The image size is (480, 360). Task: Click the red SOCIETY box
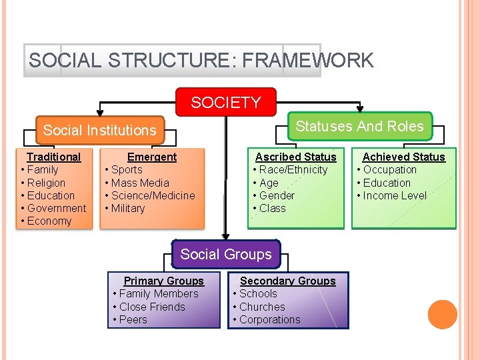225,103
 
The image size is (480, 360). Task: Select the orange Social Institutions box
99,130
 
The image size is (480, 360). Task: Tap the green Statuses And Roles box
359,126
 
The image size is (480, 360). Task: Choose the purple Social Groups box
226,254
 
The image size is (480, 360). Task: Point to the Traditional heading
53,157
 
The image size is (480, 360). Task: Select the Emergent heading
152,157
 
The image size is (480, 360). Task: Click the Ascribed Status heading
296,157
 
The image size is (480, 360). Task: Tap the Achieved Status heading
403,157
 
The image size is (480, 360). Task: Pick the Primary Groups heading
163,281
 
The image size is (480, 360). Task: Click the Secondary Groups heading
287,281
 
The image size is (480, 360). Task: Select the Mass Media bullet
140,183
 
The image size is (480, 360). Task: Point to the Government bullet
57,208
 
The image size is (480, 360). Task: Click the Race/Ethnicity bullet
293,169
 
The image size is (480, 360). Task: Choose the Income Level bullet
395,195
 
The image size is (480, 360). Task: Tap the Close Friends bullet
152,307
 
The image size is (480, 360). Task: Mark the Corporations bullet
269,319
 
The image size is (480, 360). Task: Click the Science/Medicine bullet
153,195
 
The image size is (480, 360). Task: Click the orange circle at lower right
443,315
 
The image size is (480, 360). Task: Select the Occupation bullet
389,169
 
